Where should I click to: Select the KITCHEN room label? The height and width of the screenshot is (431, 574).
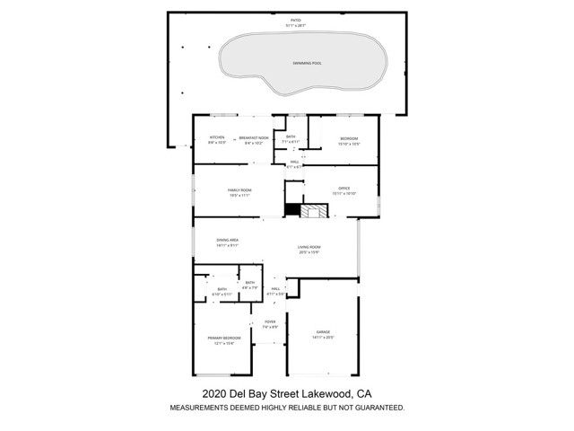[x=217, y=138]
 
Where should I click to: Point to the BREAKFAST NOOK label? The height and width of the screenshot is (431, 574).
[x=255, y=138]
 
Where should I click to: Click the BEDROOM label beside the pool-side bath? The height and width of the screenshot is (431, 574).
[x=349, y=138]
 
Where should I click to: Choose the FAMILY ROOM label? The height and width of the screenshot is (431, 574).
[x=239, y=190]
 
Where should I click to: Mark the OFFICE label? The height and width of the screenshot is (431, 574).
[x=344, y=189]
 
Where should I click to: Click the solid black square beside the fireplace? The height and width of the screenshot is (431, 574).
[x=291, y=210]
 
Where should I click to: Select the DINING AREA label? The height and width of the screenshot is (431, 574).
[x=228, y=241]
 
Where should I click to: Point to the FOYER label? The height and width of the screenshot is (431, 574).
[x=270, y=322]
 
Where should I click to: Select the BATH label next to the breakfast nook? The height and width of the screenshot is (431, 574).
[x=291, y=136]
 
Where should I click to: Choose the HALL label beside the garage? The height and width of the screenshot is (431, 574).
[x=276, y=289]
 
